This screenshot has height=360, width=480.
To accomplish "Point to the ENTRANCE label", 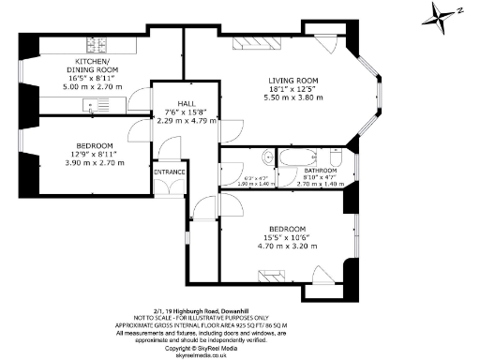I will [171, 172].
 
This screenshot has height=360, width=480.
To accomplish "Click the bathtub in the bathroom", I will [303, 156].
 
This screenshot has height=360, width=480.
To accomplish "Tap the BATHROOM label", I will [309, 171].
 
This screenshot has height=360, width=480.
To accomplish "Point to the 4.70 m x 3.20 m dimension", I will [288, 245].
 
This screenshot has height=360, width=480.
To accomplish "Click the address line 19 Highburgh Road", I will [239, 305].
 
